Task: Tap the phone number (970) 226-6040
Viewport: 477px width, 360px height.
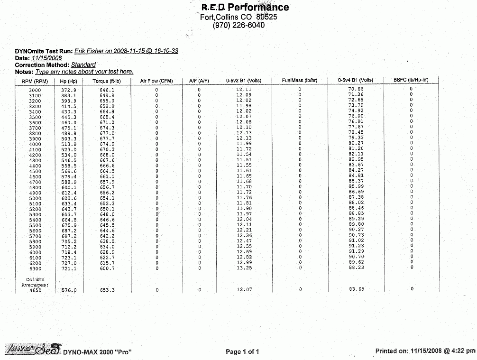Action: [239, 25]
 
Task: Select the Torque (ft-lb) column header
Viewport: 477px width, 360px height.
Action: [107, 81]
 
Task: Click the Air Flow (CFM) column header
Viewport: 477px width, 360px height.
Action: [156, 81]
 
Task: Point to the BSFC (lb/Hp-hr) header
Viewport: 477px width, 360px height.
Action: [411, 80]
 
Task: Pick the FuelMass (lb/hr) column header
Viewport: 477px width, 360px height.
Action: [299, 81]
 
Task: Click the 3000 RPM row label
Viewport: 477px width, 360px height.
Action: [35, 90]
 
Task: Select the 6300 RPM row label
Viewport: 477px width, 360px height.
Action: [35, 268]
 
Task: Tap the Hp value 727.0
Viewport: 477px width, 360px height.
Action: [69, 263]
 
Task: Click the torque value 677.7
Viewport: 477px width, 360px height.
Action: [107, 138]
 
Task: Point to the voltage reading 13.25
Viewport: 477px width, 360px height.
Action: [244, 268]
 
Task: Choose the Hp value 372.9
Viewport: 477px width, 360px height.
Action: [69, 90]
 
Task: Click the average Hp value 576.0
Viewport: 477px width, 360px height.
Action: [69, 290]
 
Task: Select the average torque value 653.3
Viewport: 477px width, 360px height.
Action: [107, 290]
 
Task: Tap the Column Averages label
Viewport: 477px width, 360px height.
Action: [35, 282]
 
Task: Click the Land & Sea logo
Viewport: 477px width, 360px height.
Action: [32, 350]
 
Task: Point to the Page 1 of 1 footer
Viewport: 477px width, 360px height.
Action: [242, 351]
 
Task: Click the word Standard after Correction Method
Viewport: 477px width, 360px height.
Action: [83, 65]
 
